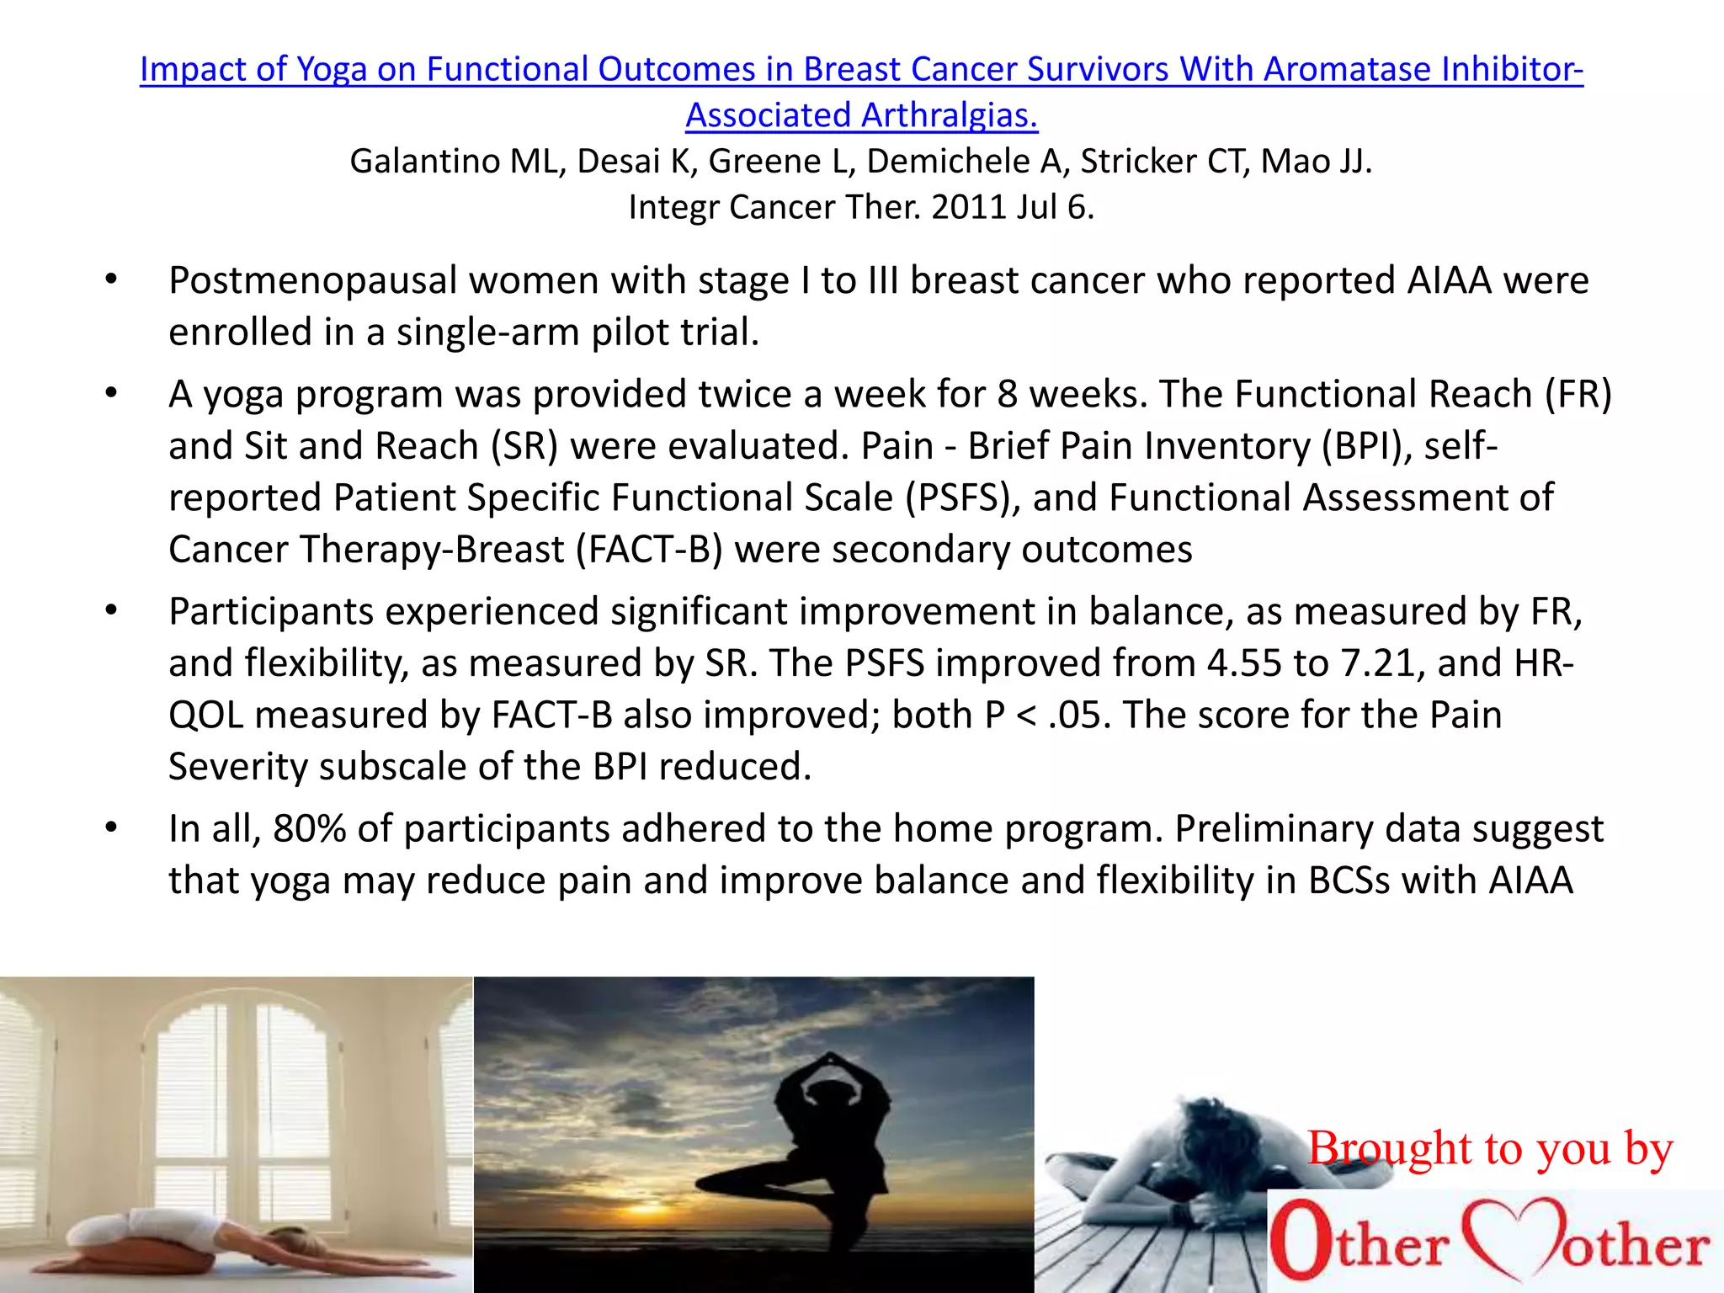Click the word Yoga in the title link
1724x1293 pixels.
(x=333, y=70)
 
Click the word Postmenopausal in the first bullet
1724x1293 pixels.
(x=312, y=281)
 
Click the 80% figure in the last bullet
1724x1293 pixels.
(x=309, y=829)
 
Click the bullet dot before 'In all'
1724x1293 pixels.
(x=110, y=828)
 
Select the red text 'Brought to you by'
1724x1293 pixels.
(x=1489, y=1149)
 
